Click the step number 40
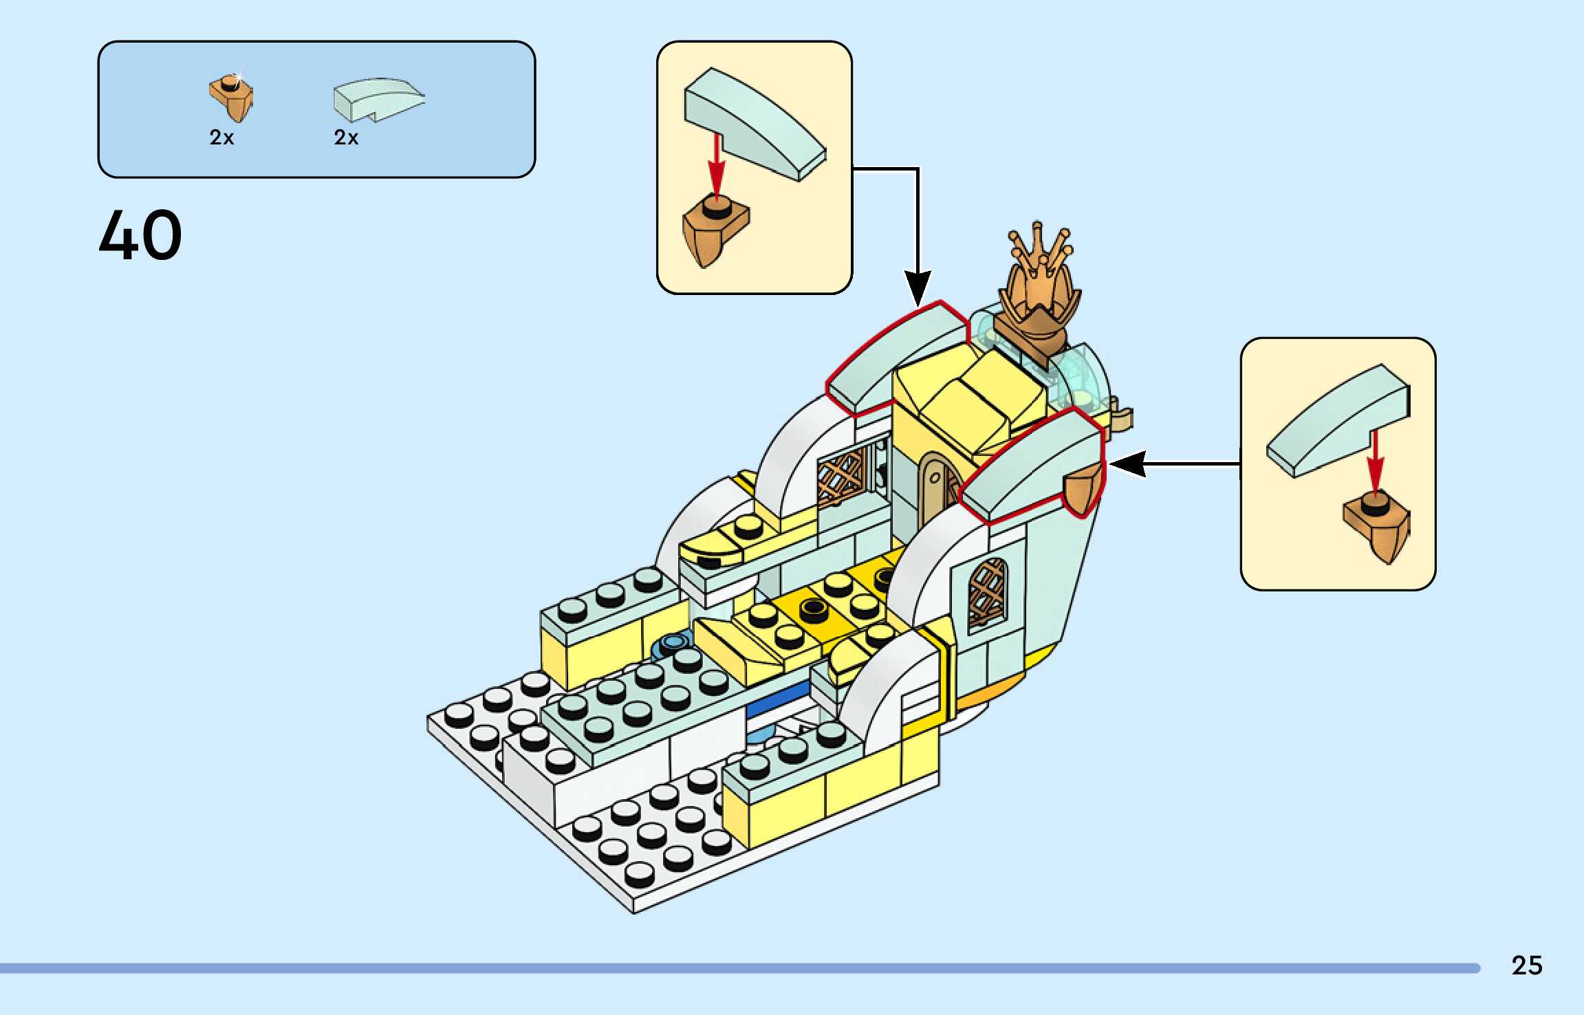(140, 235)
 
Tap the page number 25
(1526, 965)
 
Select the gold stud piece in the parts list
(232, 98)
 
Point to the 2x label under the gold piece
(221, 138)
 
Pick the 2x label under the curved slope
(346, 138)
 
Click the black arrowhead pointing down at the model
(918, 287)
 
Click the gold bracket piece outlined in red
(1083, 488)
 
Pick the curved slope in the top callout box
(755, 124)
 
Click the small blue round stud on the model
(672, 644)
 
